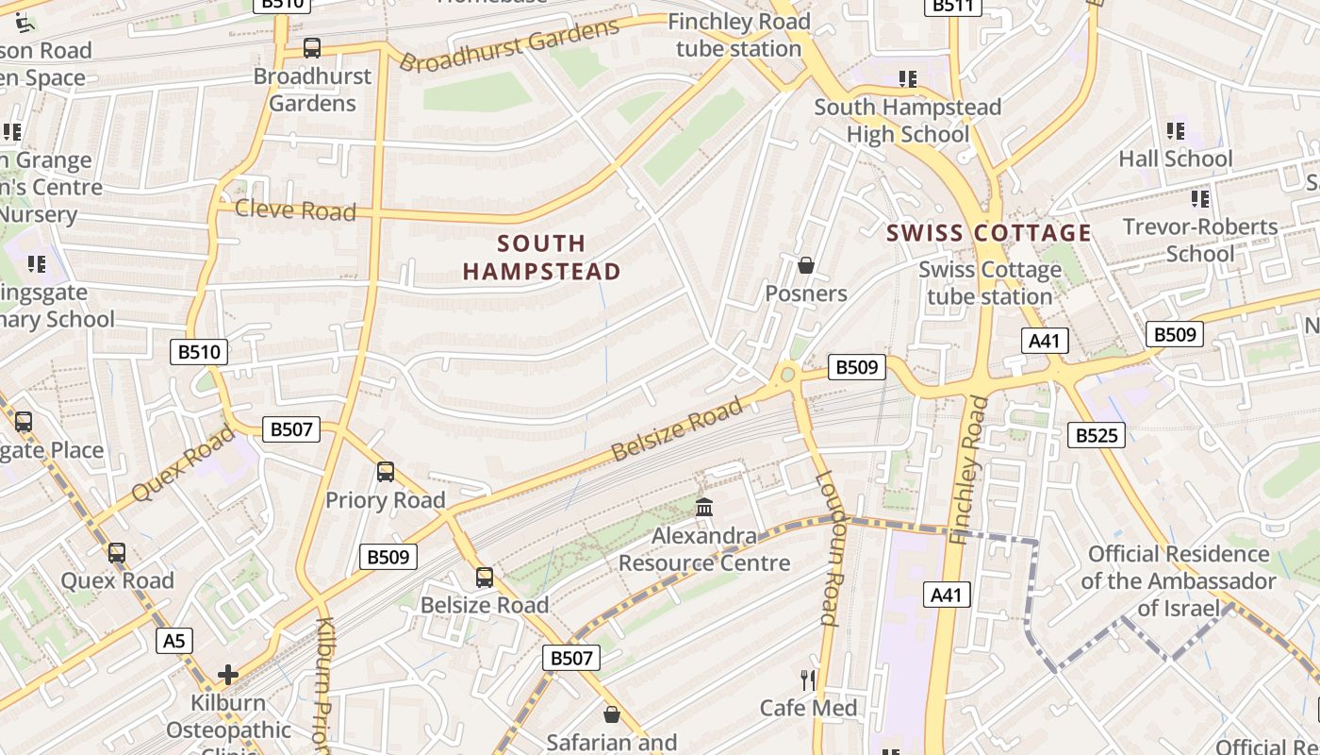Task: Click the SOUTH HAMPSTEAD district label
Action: pos(541,258)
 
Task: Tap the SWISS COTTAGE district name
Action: pos(989,233)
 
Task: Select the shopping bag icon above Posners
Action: pos(806,265)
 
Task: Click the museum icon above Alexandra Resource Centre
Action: pos(704,508)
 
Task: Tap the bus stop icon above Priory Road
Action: pos(386,472)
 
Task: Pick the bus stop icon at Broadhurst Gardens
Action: pos(312,48)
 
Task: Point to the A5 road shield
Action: pos(174,641)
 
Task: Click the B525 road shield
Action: pos(1096,435)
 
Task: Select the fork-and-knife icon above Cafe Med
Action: pos(808,679)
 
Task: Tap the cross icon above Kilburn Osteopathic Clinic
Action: pos(227,675)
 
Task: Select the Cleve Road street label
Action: pos(295,210)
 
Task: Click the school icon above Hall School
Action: pos(1175,130)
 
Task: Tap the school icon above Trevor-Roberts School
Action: pos(1199,198)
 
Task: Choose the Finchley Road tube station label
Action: pos(738,35)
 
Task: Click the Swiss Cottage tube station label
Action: pos(989,283)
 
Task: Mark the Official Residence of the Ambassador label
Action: pos(1178,580)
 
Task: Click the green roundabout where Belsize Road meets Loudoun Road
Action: pos(787,375)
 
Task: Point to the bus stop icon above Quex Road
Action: pos(117,552)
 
